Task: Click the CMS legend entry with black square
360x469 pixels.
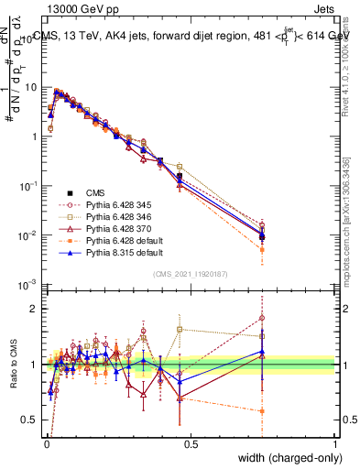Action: [94, 192]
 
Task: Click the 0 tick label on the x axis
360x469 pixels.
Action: [48, 444]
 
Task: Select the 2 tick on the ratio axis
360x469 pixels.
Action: [33, 308]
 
